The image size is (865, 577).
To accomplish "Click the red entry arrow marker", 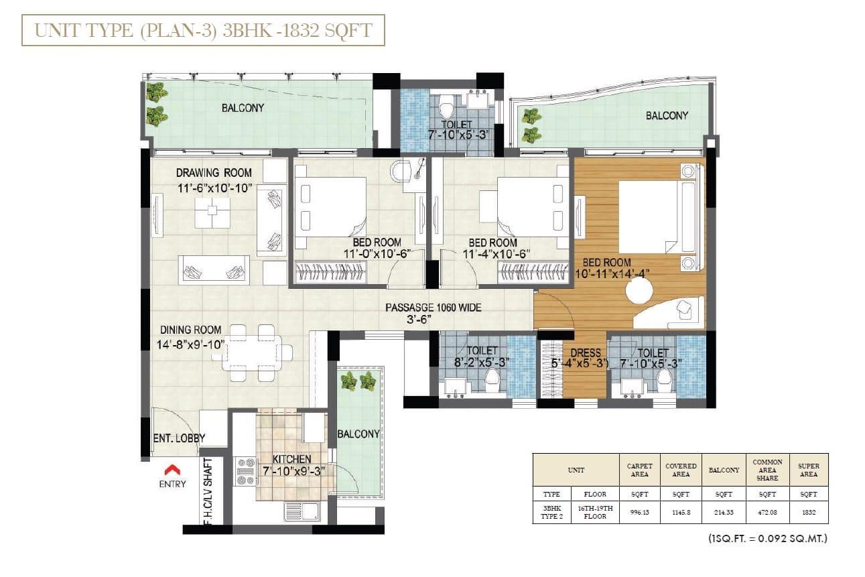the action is point(172,469).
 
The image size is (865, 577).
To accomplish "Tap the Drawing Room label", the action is point(214,173).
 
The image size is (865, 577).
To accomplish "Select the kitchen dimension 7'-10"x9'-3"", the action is point(294,471).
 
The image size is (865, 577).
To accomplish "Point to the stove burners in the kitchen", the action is point(246,471).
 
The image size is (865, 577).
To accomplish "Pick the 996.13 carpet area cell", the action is point(639,512).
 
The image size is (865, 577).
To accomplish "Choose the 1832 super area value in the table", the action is point(809,512).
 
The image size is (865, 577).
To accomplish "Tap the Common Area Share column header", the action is point(767,470).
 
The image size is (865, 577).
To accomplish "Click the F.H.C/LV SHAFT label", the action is point(208,491).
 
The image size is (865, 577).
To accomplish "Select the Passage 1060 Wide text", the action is point(434,308).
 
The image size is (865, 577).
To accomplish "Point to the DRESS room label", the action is point(586,352).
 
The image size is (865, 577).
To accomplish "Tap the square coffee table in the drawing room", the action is point(212,213).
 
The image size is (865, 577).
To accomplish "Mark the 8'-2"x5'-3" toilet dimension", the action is point(482,363).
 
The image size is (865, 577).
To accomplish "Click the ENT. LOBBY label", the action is point(179,438).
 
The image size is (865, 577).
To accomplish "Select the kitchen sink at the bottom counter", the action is point(302,512).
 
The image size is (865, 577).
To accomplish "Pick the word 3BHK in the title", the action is point(247,31).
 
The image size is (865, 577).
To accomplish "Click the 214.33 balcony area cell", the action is point(724,512).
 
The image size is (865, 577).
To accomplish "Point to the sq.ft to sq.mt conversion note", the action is point(768,538).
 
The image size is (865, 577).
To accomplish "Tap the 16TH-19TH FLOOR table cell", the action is point(595,512).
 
